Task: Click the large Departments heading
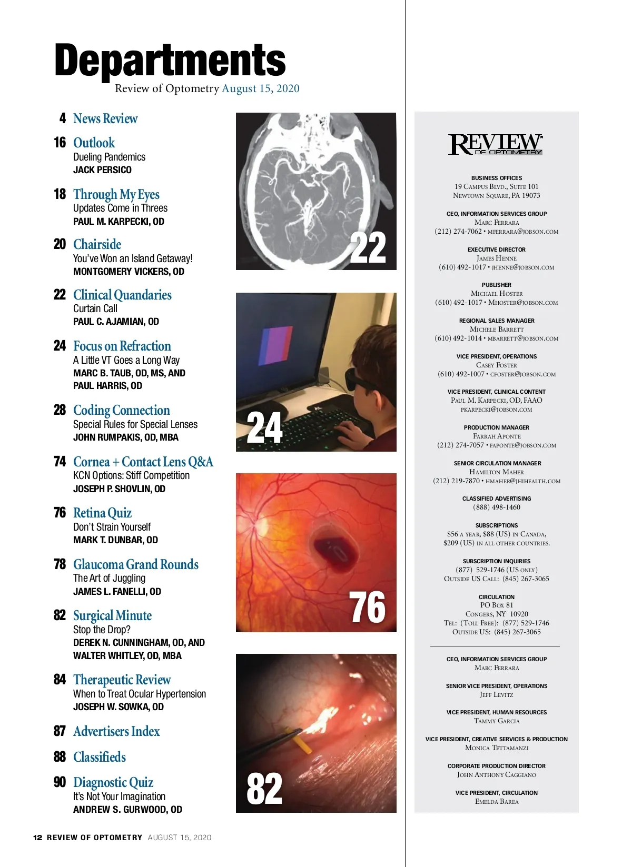tap(170, 61)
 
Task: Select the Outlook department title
tap(94, 143)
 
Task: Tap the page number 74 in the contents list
tap(60, 462)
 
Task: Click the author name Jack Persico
tap(102, 170)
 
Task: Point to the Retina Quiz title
tap(102, 513)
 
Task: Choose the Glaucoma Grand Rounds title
tap(136, 564)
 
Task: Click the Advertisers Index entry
tap(116, 731)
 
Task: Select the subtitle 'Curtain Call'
tap(95, 308)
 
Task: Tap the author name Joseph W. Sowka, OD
tap(118, 707)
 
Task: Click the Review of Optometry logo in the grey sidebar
tap(496, 144)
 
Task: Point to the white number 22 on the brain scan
tap(368, 247)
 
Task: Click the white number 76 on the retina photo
tap(367, 607)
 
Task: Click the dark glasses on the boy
tap(359, 377)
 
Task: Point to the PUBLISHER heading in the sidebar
tap(497, 285)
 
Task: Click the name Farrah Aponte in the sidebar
tap(497, 436)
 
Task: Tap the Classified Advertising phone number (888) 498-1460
tap(497, 507)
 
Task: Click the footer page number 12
tap(37, 838)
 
